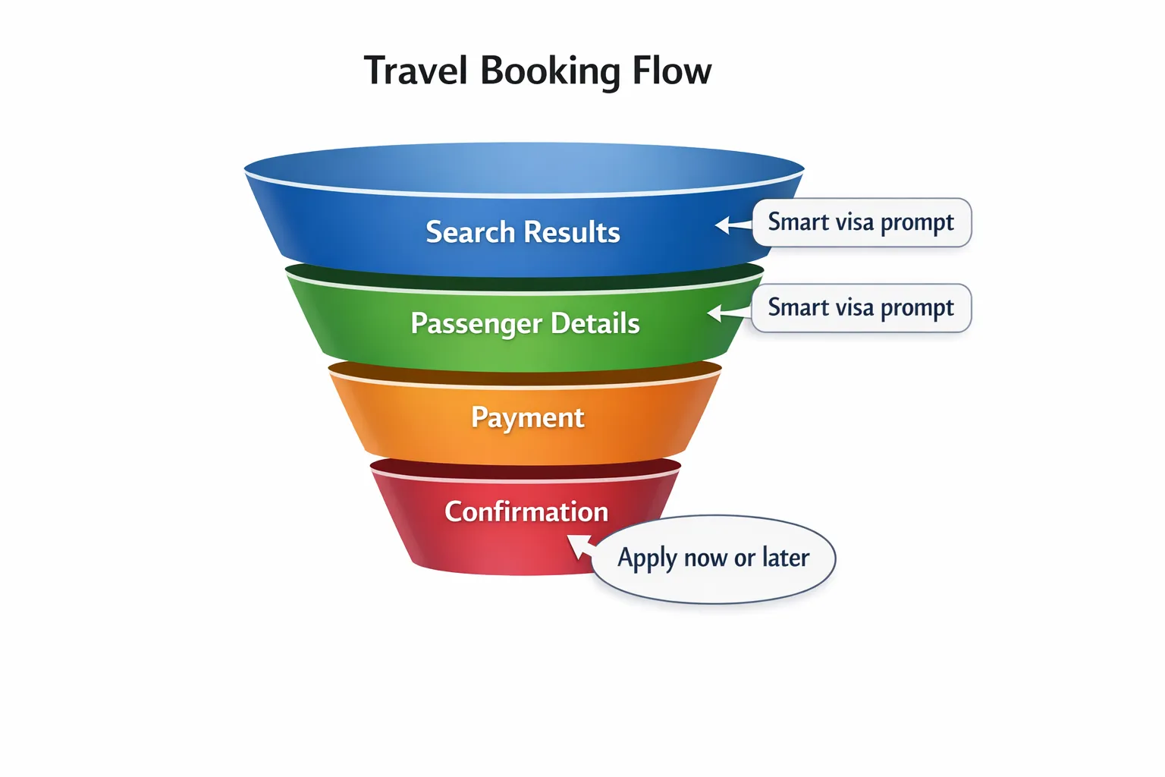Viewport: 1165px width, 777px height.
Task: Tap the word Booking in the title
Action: [551, 72]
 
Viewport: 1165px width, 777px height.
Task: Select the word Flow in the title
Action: [672, 71]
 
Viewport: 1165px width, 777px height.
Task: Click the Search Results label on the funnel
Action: [523, 232]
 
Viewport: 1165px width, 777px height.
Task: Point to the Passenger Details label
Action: [525, 323]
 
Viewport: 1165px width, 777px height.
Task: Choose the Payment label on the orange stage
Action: [527, 417]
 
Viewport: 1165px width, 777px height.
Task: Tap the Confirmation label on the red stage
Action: [526, 511]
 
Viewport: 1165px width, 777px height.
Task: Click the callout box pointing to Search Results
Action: [862, 222]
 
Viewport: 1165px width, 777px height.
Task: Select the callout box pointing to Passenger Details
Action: [862, 308]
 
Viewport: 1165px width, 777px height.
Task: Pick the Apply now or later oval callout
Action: [714, 559]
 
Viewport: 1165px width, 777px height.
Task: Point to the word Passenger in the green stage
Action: [476, 324]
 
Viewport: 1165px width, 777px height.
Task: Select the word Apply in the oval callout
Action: [647, 558]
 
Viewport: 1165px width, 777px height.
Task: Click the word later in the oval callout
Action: [786, 558]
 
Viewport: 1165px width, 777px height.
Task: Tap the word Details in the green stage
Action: [595, 323]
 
